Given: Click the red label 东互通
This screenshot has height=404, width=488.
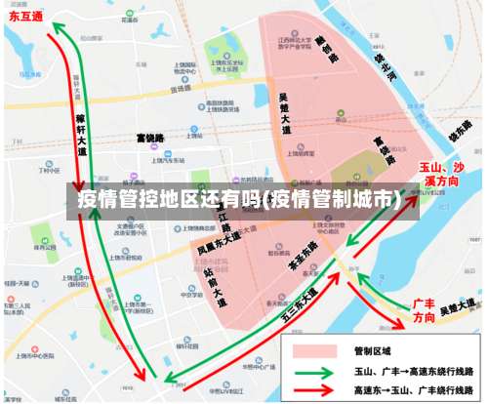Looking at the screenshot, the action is pos(26,18).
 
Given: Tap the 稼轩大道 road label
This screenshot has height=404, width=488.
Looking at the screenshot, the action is pos(81,126).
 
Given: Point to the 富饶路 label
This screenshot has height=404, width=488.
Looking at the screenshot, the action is pos(151,137).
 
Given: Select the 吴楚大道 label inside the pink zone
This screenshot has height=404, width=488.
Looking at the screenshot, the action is pos(284,112).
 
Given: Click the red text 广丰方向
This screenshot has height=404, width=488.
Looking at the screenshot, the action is pos(424,310).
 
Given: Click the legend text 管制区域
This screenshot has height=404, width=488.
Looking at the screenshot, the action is pos(372,350).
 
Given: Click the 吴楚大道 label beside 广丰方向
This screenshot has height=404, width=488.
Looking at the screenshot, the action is pos(459,309).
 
